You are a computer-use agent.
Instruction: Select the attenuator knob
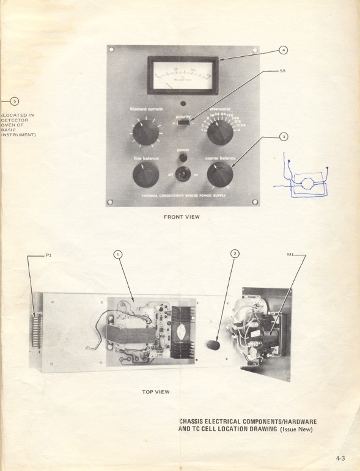[x=218, y=131]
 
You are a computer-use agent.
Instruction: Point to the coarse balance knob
[x=219, y=175]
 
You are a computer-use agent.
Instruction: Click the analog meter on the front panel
[x=183, y=75]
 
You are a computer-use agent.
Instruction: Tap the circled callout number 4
[x=283, y=49]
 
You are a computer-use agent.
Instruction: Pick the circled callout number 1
[x=118, y=254]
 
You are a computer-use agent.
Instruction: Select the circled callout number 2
[x=235, y=254]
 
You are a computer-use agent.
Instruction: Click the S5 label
[x=282, y=71]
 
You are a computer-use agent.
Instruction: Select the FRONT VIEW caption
[x=182, y=217]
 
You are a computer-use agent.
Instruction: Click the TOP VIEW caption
[x=155, y=392]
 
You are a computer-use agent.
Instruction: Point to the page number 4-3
[x=342, y=456]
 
